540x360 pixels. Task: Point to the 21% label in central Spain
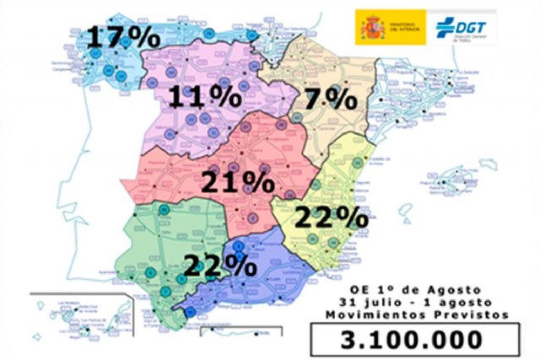pos(237,180)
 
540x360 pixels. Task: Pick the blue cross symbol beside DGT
pos(444,26)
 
